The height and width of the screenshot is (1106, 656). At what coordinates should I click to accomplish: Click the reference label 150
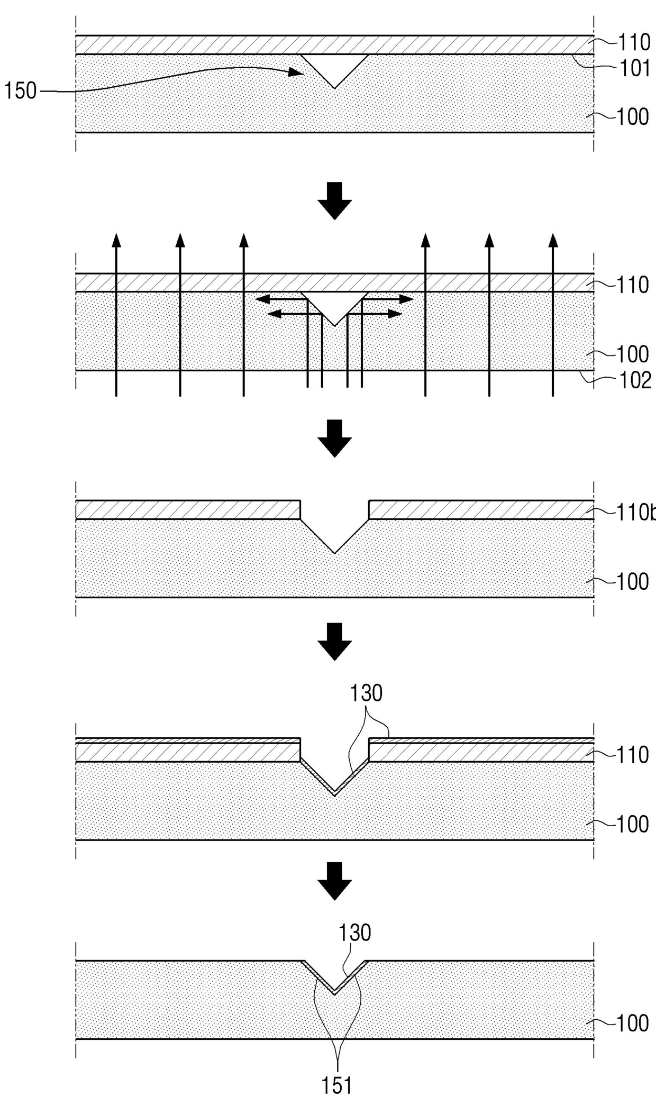point(21,92)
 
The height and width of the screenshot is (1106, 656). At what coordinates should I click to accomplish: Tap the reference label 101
point(634,69)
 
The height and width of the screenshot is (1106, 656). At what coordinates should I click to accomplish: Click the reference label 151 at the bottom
point(337,1086)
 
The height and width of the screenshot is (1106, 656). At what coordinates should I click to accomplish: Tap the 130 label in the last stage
point(354,933)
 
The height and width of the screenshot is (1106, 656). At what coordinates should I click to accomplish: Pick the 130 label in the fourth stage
point(366,693)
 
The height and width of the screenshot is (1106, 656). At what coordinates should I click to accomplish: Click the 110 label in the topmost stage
point(634,42)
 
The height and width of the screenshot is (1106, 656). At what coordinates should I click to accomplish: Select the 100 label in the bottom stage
point(633,1023)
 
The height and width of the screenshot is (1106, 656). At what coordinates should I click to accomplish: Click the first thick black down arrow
point(334,200)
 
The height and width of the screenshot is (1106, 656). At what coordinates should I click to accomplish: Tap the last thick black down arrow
point(334,881)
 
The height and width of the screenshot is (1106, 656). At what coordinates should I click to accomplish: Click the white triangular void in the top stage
point(334,66)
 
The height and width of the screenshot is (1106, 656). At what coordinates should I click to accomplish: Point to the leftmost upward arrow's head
point(116,240)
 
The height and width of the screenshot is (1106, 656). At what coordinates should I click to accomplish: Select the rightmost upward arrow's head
point(553,240)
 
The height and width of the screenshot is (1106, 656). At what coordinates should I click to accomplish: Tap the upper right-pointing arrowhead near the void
point(407,299)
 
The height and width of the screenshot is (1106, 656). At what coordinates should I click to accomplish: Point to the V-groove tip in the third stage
point(334,553)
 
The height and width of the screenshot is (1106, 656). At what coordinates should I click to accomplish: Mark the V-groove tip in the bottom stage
point(334,993)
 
